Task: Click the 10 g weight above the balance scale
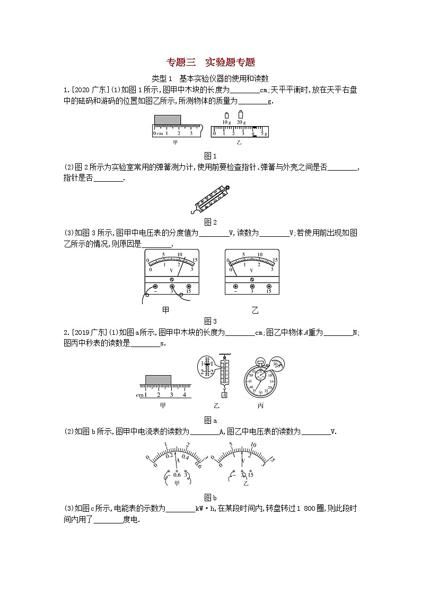click(x=226, y=116)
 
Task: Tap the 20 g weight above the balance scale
click(x=241, y=114)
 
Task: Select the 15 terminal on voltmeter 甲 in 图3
click(x=189, y=286)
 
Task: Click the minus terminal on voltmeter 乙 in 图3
click(x=235, y=286)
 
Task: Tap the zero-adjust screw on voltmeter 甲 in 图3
click(x=172, y=279)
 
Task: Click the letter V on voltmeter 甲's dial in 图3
click(x=171, y=270)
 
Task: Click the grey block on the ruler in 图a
click(x=158, y=379)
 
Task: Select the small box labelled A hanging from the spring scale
click(x=224, y=395)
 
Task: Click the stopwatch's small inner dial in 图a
click(x=260, y=374)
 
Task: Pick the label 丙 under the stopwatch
click(x=260, y=406)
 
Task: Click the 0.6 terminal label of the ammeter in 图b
click(x=170, y=475)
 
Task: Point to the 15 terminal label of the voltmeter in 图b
click(x=250, y=475)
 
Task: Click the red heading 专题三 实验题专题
click(x=210, y=62)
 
